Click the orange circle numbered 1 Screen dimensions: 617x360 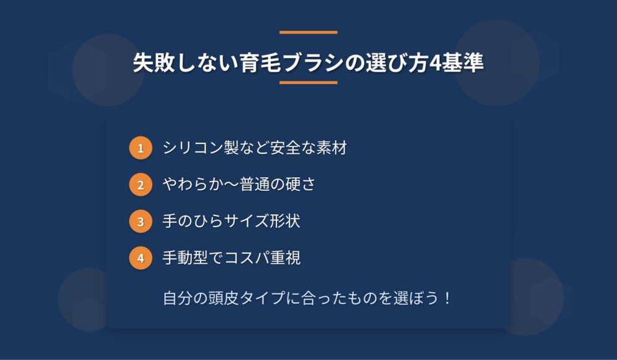pyautogui.click(x=141, y=148)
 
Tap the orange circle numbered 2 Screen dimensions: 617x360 pyautogui.click(x=141, y=185)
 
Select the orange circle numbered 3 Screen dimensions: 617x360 pyautogui.click(x=141, y=221)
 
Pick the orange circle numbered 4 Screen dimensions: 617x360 pyautogui.click(x=141, y=258)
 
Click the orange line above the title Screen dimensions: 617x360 pyautogui.click(x=308, y=32)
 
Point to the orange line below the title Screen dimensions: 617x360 pyautogui.click(x=308, y=83)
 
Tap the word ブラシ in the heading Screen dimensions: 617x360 pyautogui.click(x=313, y=63)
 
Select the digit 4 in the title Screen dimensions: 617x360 pyautogui.click(x=435, y=64)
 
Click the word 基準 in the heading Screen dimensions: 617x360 pyautogui.click(x=462, y=63)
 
